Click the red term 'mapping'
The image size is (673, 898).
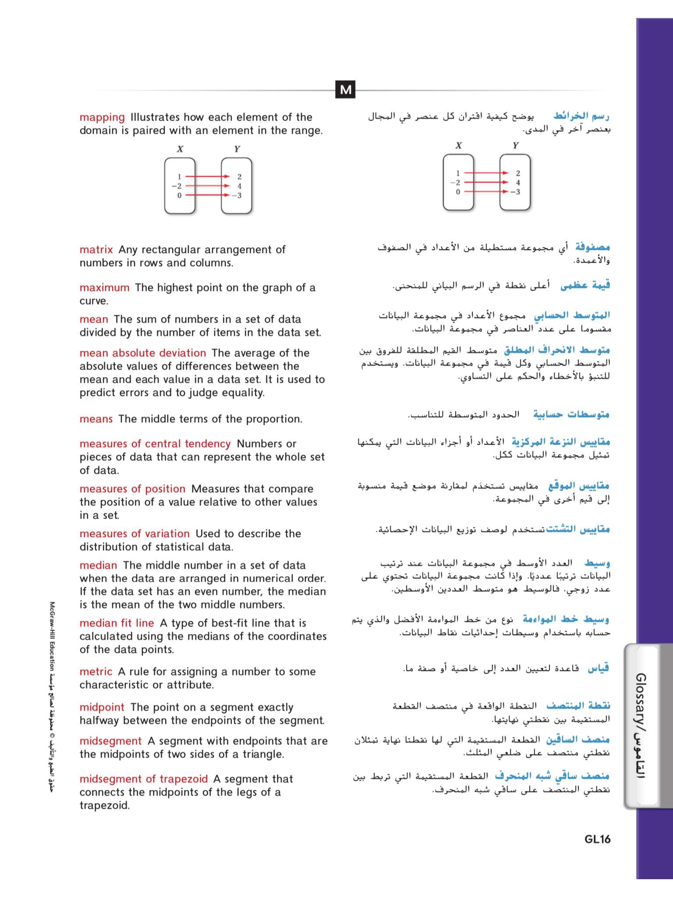102,117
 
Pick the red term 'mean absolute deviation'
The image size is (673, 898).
143,353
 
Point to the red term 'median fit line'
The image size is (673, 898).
117,623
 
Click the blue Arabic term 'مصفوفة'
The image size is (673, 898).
592,247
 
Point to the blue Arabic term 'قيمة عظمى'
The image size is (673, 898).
585,285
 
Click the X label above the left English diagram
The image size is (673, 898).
180,149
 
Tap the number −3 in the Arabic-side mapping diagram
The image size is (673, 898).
515,192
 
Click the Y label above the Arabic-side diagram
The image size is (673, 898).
515,145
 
